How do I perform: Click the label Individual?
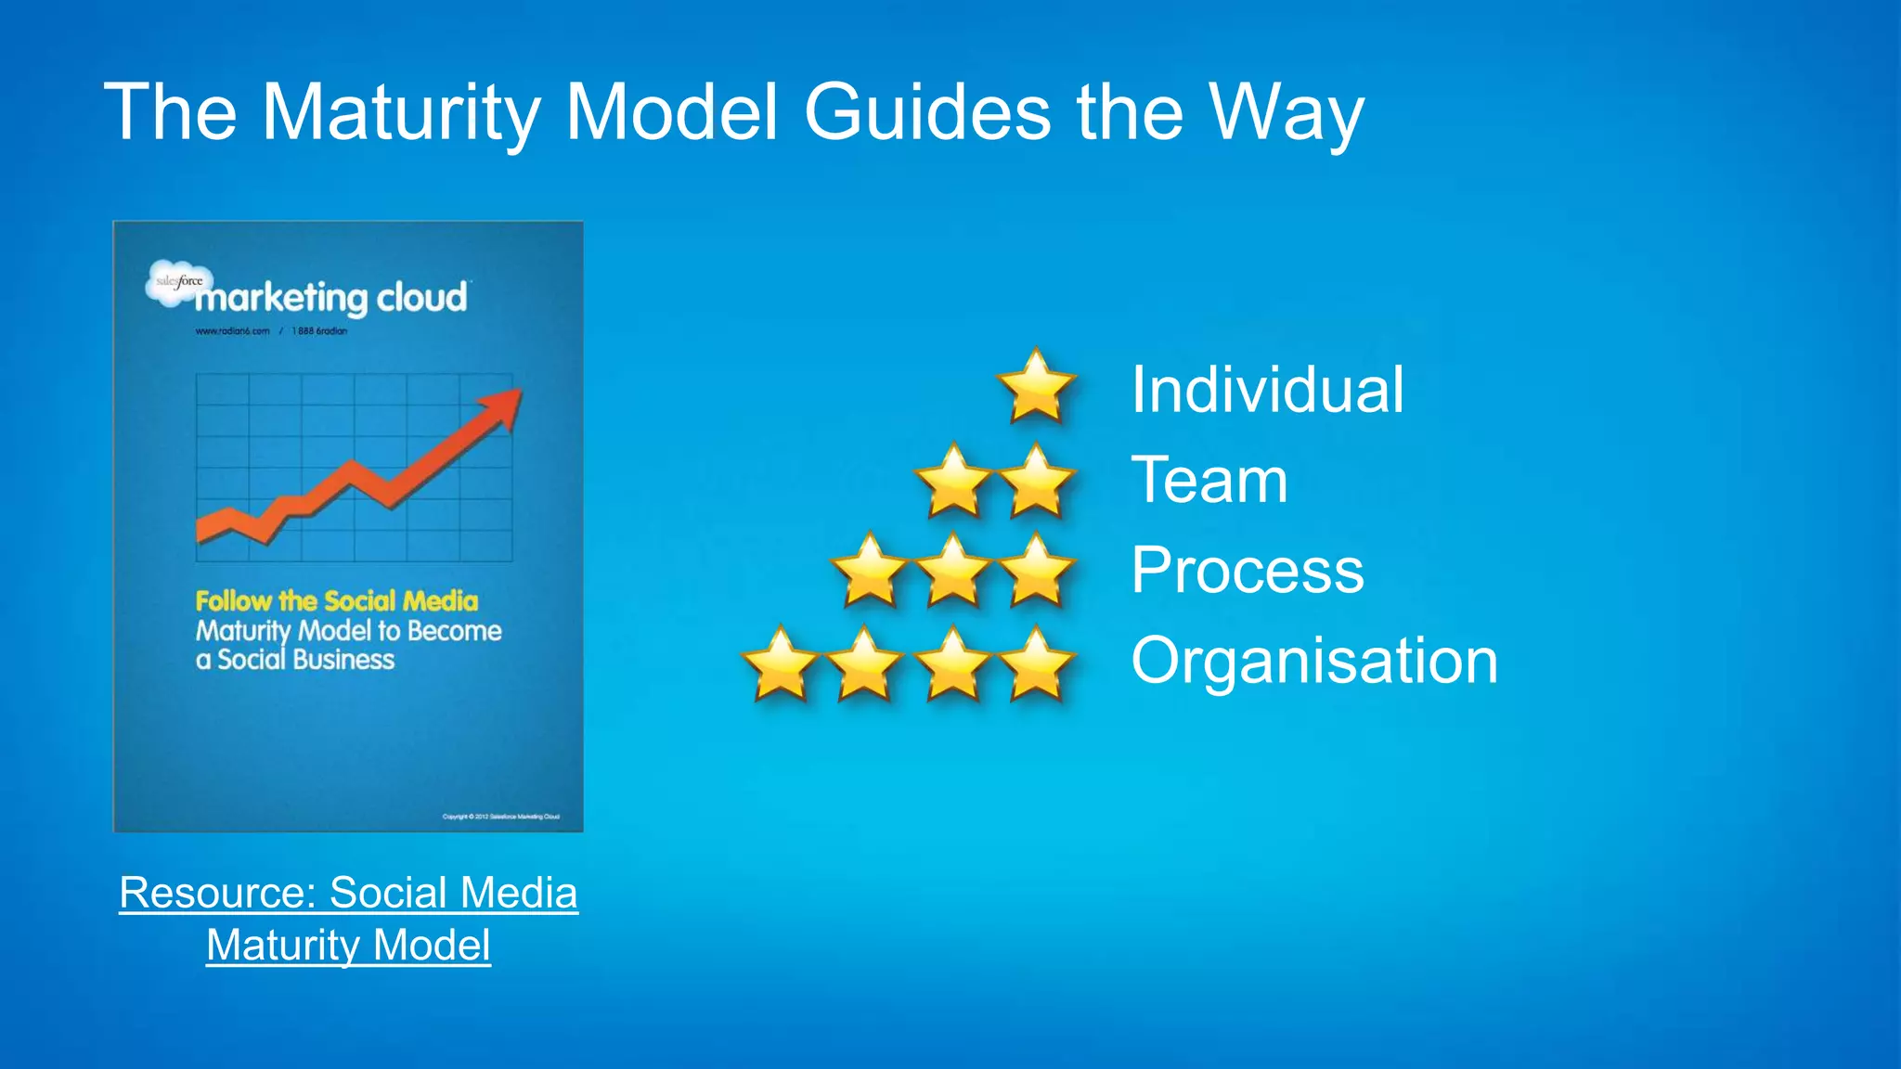tap(1267, 390)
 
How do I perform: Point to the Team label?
tap(1209, 481)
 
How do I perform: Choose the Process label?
tap(1248, 570)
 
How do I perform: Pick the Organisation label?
tap(1314, 661)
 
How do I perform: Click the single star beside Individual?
tap(1036, 386)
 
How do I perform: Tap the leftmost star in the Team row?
tap(953, 481)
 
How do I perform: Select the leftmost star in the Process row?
tap(870, 571)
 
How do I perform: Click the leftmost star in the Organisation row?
tap(780, 663)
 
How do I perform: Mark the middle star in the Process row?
tap(953, 571)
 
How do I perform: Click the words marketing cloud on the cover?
tap(331, 299)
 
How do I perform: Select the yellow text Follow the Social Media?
tap(337, 600)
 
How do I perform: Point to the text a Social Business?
tap(295, 660)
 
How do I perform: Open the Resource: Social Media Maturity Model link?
tap(349, 919)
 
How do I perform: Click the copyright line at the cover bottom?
tap(501, 817)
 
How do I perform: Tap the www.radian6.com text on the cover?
tap(232, 331)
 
